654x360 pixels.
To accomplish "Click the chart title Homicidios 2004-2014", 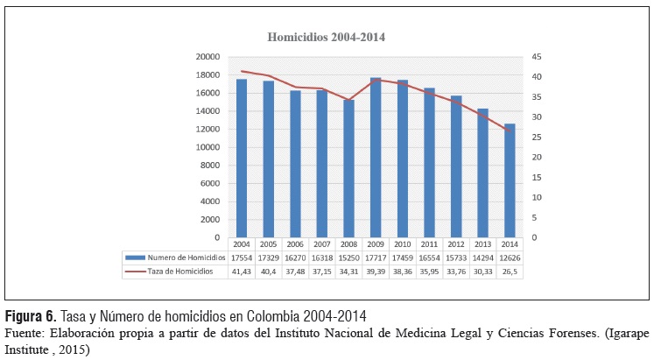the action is click(x=326, y=37).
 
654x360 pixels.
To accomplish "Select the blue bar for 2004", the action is click(x=242, y=158).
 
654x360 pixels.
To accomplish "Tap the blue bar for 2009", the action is click(x=376, y=158).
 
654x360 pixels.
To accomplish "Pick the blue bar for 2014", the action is click(x=510, y=180).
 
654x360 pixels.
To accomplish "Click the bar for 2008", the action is click(x=348, y=168).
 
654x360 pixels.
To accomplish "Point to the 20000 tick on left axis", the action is click(x=207, y=57).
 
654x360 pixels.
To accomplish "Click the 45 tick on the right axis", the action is click(x=537, y=57).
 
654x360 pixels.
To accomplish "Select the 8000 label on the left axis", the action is click(x=210, y=166).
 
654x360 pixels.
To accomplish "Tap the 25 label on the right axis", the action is click(x=537, y=138).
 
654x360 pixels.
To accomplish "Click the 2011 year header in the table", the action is click(x=429, y=244).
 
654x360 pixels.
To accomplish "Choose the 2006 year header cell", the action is click(x=295, y=244).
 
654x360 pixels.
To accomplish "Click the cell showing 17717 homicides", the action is click(x=376, y=258).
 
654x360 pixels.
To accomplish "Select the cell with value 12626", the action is click(x=510, y=258).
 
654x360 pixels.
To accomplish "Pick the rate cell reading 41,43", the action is click(x=242, y=272).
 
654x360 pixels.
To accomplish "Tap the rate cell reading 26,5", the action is click(x=510, y=272).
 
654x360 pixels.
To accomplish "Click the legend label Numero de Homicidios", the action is click(x=186, y=258).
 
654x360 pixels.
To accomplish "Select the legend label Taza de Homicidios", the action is click(x=180, y=272).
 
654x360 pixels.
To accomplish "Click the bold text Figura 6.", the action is click(x=31, y=316).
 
